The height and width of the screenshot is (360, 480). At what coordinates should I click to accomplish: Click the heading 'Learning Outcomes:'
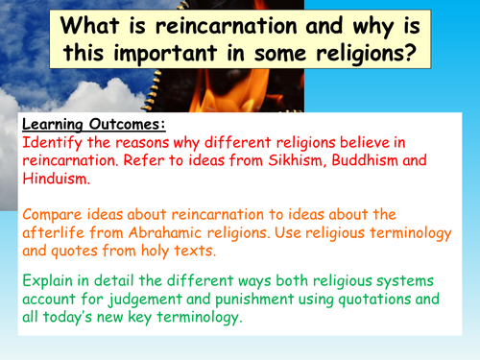coord(82,125)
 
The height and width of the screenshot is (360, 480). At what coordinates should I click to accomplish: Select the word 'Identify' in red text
coord(50,142)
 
